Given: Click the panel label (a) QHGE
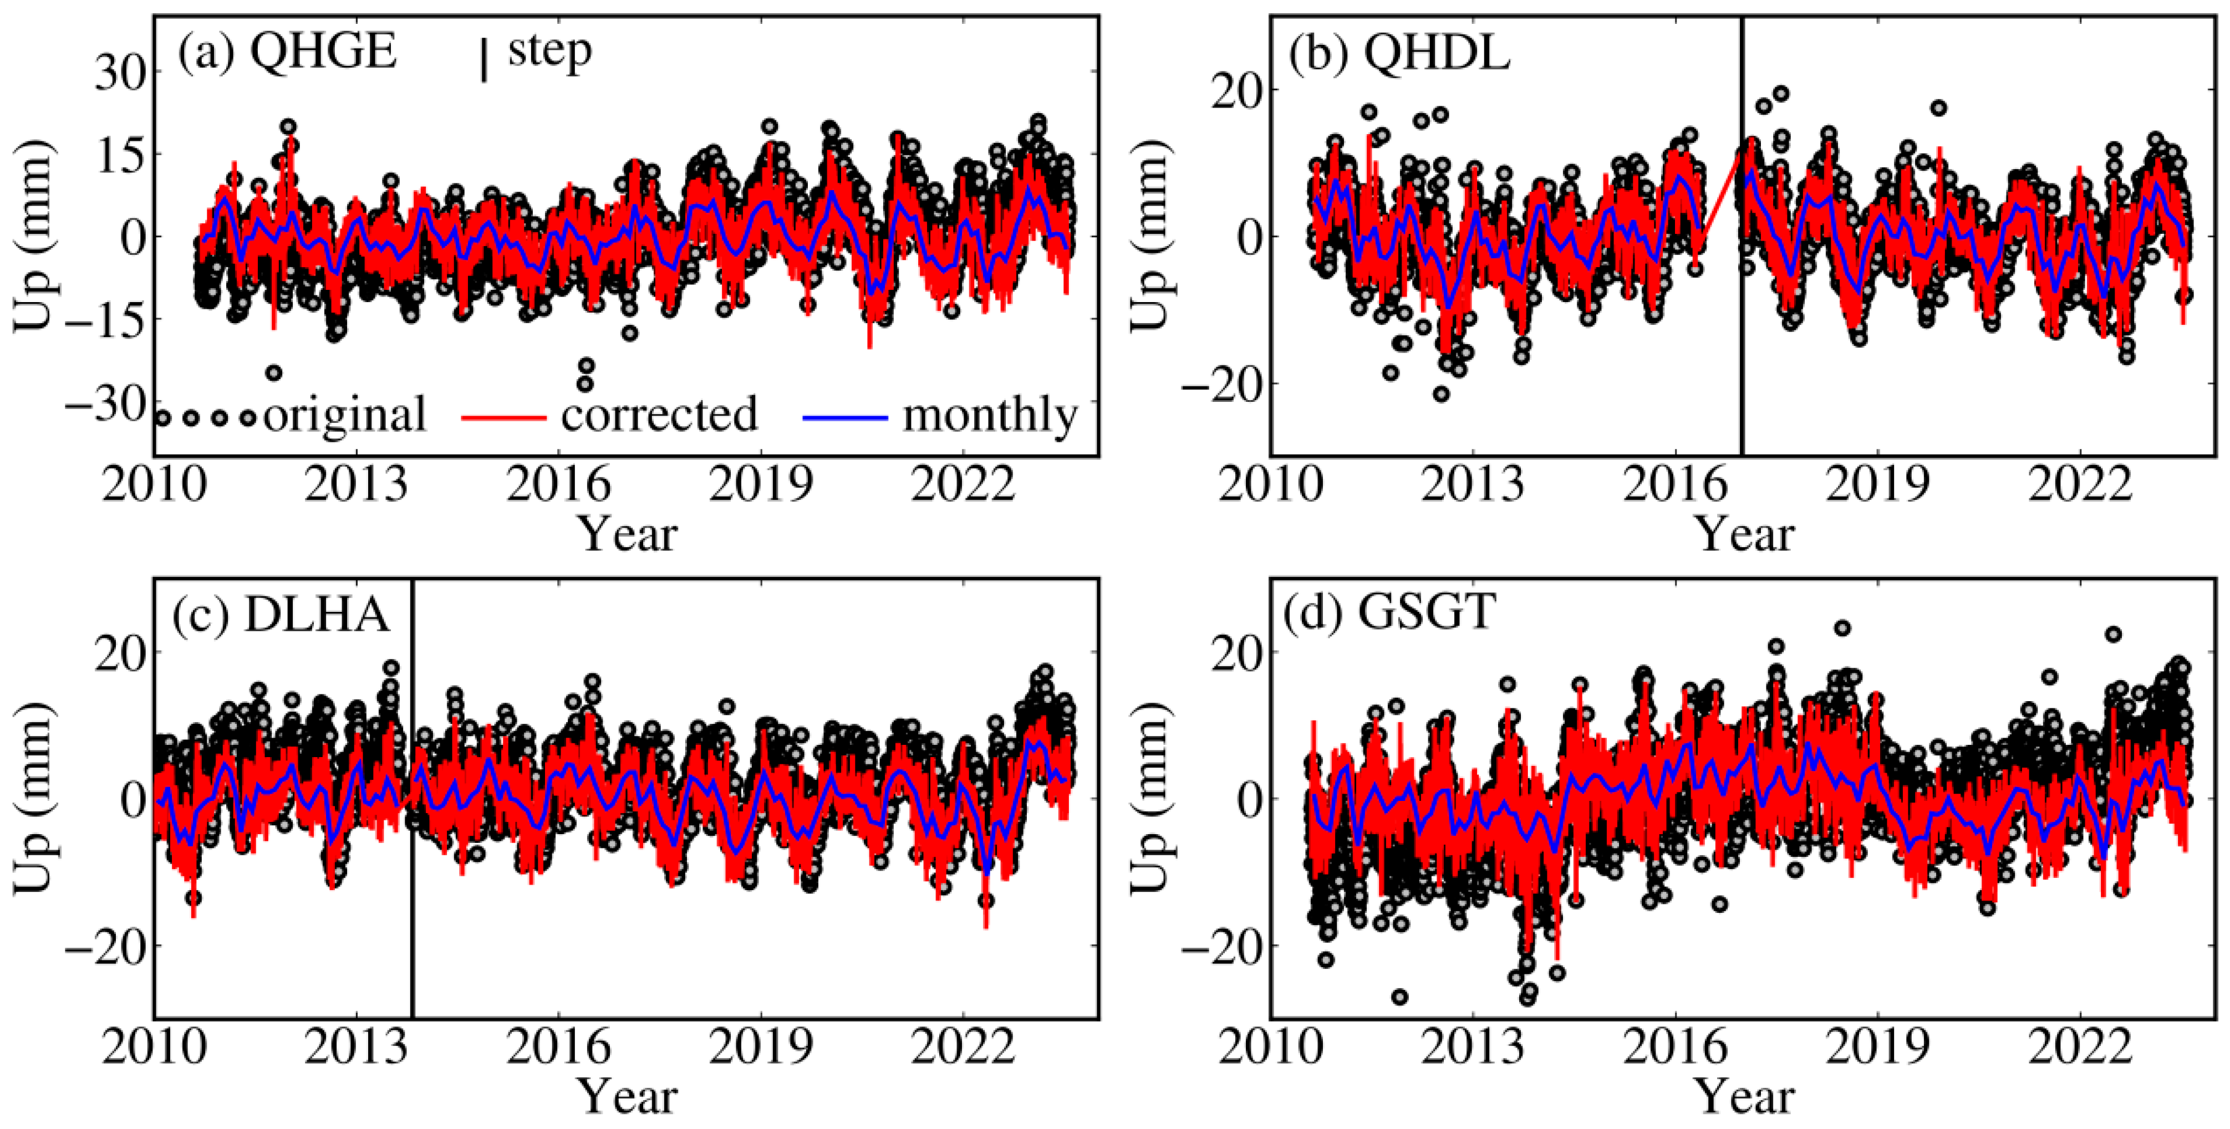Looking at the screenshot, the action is [x=287, y=53].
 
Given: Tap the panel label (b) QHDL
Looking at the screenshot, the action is [x=1399, y=54].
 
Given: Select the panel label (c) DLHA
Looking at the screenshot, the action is [x=281, y=616].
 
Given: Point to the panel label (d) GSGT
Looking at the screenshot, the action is [x=1391, y=612].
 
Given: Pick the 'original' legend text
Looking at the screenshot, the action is [x=344, y=415].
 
